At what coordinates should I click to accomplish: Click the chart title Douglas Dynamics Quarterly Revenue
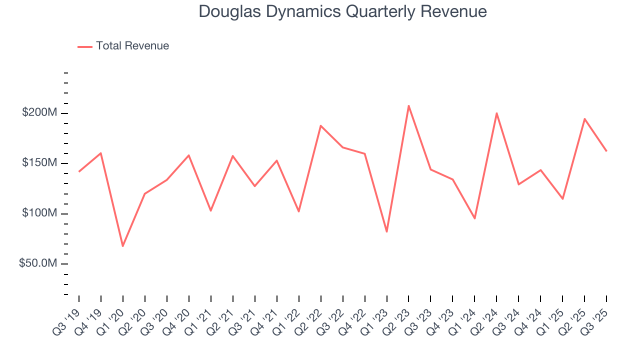point(342,11)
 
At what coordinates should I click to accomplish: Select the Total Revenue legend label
point(132,46)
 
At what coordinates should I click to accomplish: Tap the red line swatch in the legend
point(85,46)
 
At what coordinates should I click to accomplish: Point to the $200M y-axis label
point(39,113)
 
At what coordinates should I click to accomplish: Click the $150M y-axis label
point(39,163)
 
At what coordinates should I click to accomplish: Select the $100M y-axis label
point(39,213)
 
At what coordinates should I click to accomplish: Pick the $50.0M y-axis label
point(38,263)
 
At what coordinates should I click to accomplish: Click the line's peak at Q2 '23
point(408,105)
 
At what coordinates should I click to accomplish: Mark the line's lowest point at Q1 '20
point(123,246)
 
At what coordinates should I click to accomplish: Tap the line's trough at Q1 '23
point(386,231)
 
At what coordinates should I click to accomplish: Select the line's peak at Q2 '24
point(496,113)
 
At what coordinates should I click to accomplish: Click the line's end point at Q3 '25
point(606,151)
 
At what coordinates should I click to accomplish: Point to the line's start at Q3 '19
point(79,171)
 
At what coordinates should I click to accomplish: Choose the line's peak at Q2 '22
point(320,125)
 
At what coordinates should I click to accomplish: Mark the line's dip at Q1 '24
point(474,218)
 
